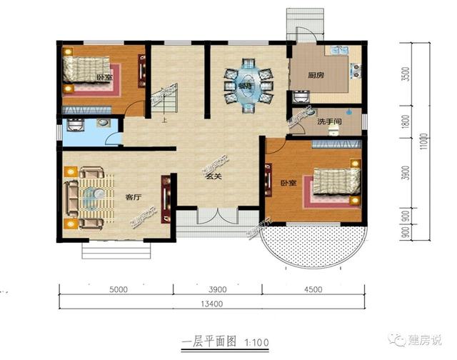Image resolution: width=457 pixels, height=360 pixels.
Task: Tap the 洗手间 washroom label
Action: point(331,123)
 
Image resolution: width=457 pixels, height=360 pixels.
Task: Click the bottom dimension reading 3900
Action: point(217,289)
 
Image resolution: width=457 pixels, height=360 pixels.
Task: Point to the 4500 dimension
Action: point(313,289)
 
